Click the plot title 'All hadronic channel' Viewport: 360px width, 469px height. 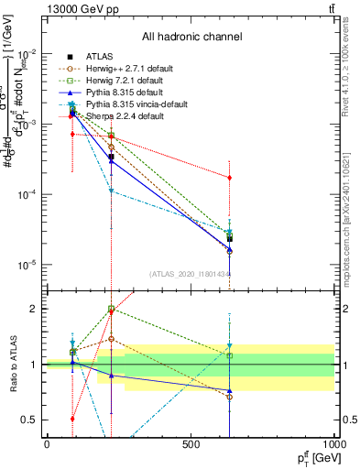191,37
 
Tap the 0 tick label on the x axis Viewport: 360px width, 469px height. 47,444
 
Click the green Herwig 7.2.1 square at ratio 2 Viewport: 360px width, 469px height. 111,309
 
